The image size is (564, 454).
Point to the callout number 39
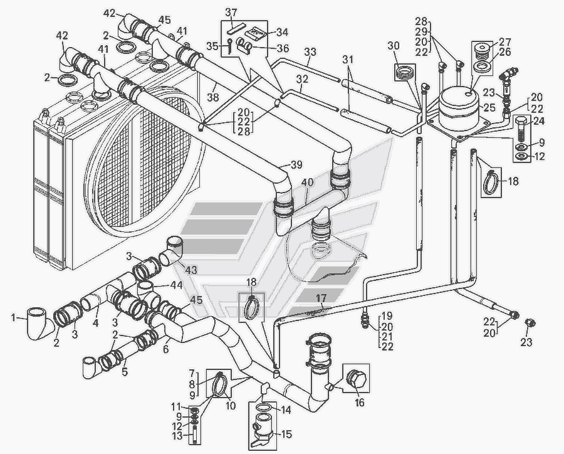296,164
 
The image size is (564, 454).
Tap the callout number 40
307,182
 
